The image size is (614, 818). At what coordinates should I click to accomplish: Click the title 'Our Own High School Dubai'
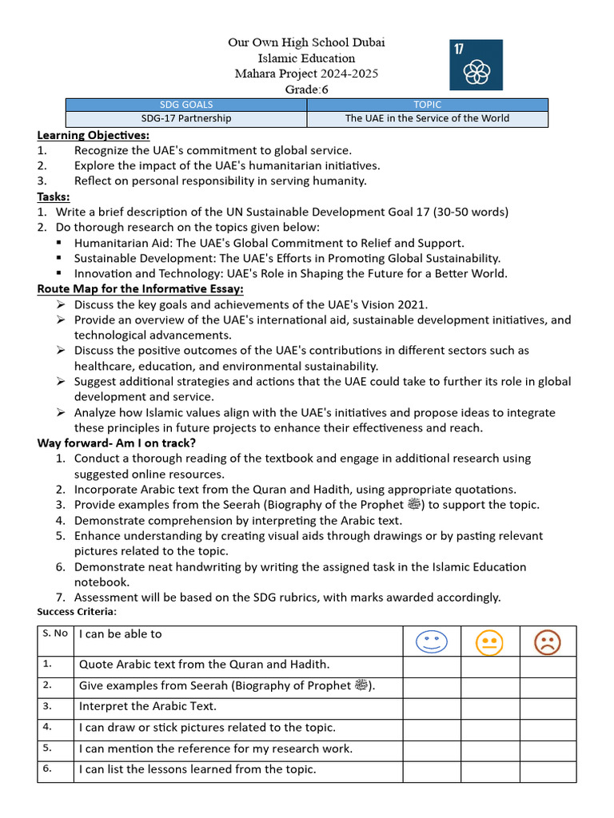[x=307, y=42]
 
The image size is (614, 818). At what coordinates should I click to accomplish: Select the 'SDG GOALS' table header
[x=186, y=105]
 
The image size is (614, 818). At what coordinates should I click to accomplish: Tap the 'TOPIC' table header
[x=428, y=105]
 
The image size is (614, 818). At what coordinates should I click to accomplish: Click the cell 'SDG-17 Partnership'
[x=186, y=118]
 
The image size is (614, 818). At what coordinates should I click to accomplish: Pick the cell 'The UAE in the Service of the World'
[x=428, y=118]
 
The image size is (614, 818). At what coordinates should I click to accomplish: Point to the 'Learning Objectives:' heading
[x=93, y=135]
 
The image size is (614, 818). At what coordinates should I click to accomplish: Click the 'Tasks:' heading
[x=54, y=197]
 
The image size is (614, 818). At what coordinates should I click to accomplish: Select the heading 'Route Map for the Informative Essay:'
[x=141, y=288]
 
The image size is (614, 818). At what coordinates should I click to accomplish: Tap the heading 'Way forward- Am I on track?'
[x=117, y=443]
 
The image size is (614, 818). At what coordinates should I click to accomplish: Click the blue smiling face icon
[x=432, y=641]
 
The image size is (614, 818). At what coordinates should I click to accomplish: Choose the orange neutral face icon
[x=489, y=642]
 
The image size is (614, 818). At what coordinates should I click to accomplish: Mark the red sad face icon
[x=548, y=642]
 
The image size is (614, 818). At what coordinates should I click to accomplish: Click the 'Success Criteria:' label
[x=77, y=612]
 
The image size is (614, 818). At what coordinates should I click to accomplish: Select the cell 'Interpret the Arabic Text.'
[x=148, y=706]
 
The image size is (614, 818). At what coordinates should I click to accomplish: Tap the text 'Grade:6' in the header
[x=307, y=89]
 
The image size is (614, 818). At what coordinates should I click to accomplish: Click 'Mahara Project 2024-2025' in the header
[x=307, y=73]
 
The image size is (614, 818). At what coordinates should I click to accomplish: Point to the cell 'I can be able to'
[x=120, y=633]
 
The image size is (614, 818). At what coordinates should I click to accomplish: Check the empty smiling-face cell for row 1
[x=432, y=665]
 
